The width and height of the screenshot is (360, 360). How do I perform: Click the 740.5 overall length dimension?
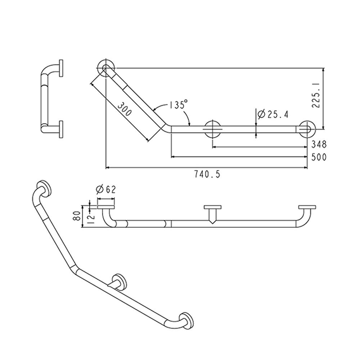[x=207, y=175]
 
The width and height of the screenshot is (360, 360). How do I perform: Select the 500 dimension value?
[x=319, y=157]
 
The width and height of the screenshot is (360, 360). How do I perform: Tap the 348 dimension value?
[x=319, y=144]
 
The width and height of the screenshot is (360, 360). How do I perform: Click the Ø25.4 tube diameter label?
[x=273, y=114]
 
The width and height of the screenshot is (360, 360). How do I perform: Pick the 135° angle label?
[x=179, y=105]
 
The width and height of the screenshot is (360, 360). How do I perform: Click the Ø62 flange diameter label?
[x=106, y=190]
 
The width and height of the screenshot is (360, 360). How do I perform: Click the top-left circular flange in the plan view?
[x=106, y=68]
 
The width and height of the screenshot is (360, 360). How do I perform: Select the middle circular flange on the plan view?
[x=213, y=129]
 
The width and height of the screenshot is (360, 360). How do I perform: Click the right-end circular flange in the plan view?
[x=307, y=129]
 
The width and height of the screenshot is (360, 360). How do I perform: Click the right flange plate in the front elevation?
[x=307, y=207]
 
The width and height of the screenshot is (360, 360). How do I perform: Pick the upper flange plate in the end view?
[x=61, y=69]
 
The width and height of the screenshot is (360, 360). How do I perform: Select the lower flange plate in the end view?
[x=61, y=130]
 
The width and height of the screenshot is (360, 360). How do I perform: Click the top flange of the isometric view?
[x=44, y=189]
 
